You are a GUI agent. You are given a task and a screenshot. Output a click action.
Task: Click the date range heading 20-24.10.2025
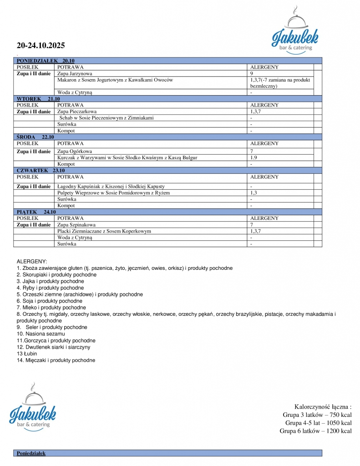(x=41, y=46)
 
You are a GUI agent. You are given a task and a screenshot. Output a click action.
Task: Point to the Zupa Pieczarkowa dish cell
(x=77, y=111)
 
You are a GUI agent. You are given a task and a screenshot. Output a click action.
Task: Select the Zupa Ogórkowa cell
(x=75, y=151)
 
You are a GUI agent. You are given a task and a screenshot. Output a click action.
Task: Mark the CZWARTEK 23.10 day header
(x=41, y=170)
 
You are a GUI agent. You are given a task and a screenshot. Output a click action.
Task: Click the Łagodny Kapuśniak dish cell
(x=111, y=187)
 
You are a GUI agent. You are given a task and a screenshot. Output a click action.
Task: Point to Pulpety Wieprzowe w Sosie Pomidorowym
(x=113, y=193)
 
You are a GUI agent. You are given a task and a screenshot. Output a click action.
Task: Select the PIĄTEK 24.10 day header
(x=36, y=212)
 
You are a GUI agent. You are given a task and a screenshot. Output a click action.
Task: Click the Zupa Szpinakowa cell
(x=76, y=225)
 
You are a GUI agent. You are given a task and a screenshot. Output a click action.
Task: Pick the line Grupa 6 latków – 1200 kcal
(x=315, y=431)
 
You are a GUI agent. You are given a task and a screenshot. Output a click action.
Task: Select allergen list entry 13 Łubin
(x=27, y=354)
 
